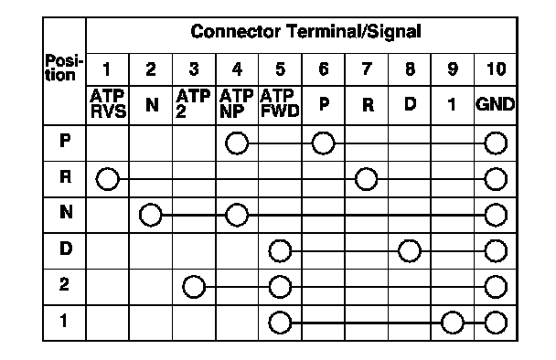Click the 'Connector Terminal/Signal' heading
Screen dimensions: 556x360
pyautogui.click(x=305, y=32)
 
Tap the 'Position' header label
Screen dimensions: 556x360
pyautogui.click(x=64, y=68)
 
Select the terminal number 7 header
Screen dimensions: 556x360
pyautogui.click(x=367, y=69)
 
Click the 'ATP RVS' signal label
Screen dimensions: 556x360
pyautogui.click(x=108, y=103)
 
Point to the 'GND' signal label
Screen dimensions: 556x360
pyautogui.click(x=495, y=104)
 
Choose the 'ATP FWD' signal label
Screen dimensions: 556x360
pyautogui.click(x=280, y=103)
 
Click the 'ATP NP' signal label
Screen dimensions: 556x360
pyautogui.click(x=237, y=103)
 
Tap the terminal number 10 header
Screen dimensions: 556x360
pyautogui.click(x=496, y=69)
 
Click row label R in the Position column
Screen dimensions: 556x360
pyautogui.click(x=65, y=176)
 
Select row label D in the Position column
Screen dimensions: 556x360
pyautogui.click(x=66, y=248)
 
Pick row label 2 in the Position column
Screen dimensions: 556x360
pyautogui.click(x=64, y=284)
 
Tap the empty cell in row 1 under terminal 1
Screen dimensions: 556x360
pyautogui.click(x=108, y=323)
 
